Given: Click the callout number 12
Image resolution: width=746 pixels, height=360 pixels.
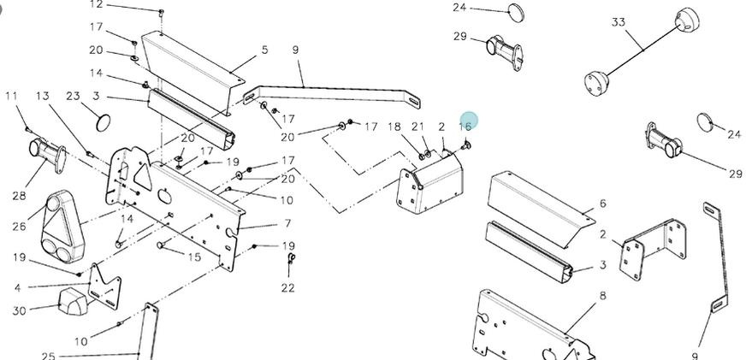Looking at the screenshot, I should (96, 4).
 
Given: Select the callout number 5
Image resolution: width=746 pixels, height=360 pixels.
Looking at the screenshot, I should (264, 50).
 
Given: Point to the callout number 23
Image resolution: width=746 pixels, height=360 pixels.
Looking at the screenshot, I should (73, 97).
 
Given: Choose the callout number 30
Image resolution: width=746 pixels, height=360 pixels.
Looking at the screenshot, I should (19, 310).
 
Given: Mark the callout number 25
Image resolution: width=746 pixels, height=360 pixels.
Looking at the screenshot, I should (48, 356).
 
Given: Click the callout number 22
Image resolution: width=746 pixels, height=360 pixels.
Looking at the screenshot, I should (287, 288).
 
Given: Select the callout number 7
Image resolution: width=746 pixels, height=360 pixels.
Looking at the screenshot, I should (287, 224).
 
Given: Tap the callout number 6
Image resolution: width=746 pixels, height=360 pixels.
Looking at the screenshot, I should (602, 204).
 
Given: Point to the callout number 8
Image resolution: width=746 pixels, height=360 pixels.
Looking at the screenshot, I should (602, 296).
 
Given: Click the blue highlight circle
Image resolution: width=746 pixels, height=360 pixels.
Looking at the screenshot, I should (468, 121).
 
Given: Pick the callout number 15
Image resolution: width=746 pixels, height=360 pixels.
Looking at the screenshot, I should (195, 257).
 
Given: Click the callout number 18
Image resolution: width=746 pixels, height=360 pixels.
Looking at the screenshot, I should (394, 127).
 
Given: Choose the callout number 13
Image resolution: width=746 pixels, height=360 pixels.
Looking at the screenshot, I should (42, 97).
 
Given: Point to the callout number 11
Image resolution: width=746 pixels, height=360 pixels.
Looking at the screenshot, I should (11, 97).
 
